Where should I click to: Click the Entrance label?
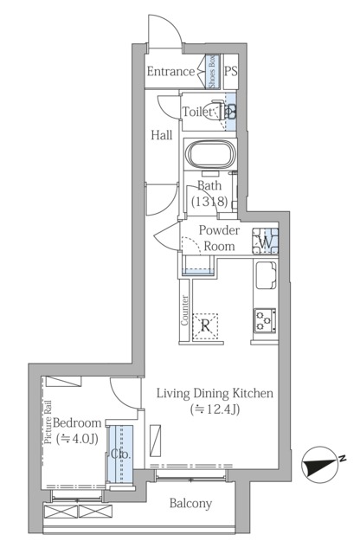pos(170,71)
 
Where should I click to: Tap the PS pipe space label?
pos(231,71)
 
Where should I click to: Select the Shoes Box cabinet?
pos(213,72)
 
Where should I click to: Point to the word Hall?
pos(162,135)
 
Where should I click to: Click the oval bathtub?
pos(210,154)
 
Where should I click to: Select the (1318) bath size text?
pos(209,202)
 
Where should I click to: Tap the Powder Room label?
pos(220,238)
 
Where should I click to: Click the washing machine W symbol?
pos(265,242)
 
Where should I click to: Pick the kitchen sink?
pos(266,275)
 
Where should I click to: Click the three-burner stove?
pos(265,321)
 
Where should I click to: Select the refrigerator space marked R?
pos(205,326)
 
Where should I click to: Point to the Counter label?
pos(185,311)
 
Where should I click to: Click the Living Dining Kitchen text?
pos(215,393)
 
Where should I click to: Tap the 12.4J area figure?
pos(215,409)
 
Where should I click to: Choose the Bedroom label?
pos(77,422)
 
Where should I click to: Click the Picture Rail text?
pos(48,422)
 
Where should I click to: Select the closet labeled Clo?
pos(121,454)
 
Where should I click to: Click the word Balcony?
pos(190,503)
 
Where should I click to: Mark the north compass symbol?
pos(318,464)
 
